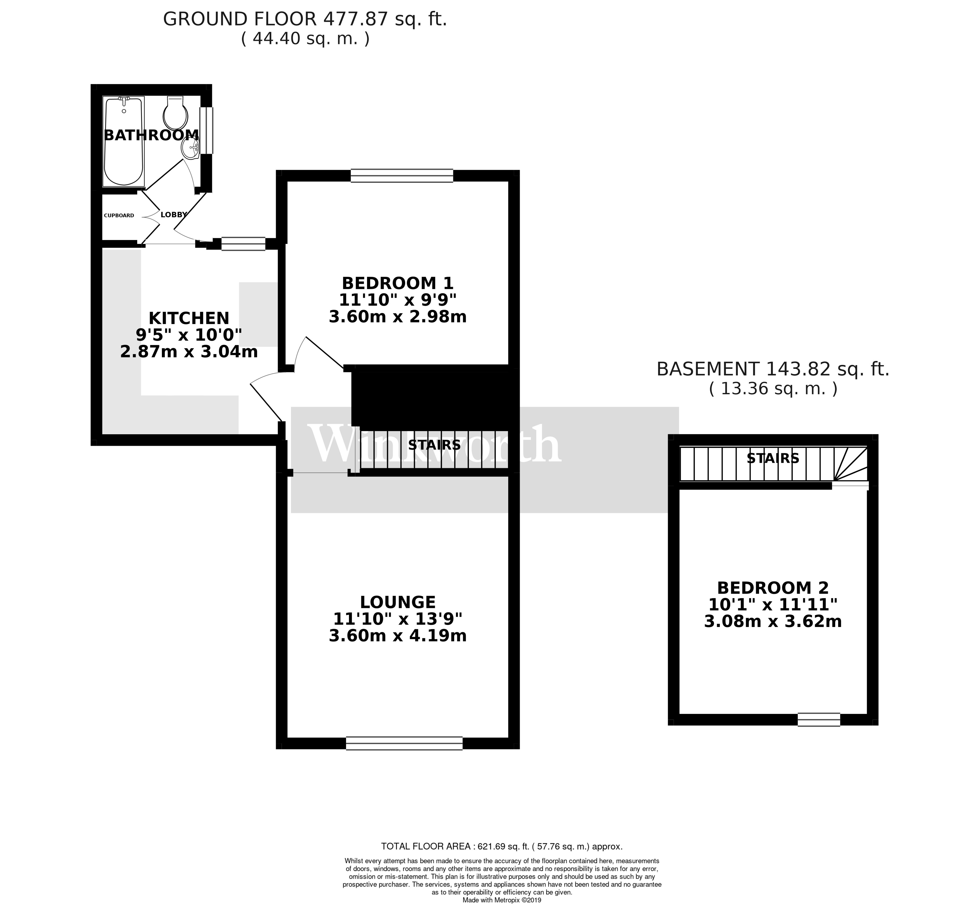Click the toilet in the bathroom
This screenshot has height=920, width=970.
tap(175, 113)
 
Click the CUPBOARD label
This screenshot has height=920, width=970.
tap(119, 215)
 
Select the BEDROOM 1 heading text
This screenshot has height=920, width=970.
tap(397, 283)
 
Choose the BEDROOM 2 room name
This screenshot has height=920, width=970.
tap(773, 588)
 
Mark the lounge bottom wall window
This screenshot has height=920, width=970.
tap(404, 743)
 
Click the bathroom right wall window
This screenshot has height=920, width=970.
tap(206, 130)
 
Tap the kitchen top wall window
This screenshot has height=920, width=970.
tap(243, 244)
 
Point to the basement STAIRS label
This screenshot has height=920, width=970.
tap(773, 458)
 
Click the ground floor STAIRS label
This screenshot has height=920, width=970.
tap(434, 445)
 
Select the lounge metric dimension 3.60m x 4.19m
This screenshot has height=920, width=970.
tap(397, 636)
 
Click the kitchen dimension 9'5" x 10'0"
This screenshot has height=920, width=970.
tap(189, 335)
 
